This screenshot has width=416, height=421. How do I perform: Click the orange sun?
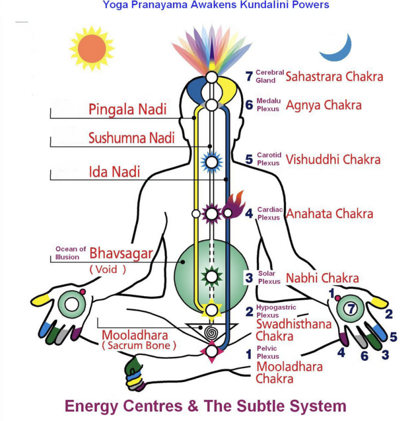92,48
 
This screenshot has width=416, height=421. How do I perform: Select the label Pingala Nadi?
127,109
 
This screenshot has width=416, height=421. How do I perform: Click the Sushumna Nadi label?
132,138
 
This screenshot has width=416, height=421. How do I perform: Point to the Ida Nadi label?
114,172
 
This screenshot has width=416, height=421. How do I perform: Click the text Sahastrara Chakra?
334,76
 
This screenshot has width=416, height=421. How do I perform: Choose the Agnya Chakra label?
323,105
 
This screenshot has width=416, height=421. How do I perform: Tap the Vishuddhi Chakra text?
333,160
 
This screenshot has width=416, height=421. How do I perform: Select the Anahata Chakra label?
329,213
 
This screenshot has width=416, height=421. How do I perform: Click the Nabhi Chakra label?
322,278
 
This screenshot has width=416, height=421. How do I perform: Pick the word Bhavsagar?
121,253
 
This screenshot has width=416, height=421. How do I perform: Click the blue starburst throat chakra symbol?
212,161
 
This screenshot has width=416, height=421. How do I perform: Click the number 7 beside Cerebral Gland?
249,76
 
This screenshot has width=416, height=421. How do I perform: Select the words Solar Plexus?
269,278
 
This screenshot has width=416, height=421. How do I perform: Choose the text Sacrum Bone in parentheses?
139,346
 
